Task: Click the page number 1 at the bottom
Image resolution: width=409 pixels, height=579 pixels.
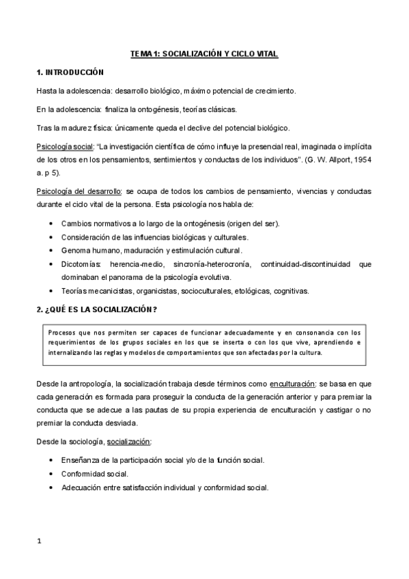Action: [x=40, y=541]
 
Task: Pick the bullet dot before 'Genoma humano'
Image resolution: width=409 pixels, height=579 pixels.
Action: [x=53, y=251]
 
